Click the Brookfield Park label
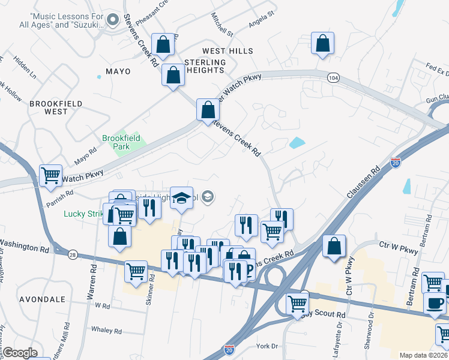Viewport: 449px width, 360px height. [x=121, y=142]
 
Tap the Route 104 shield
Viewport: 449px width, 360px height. [x=334, y=77]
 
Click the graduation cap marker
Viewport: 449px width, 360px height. [x=181, y=198]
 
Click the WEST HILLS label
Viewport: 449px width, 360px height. [x=228, y=51]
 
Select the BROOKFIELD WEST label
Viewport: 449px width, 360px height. [x=48, y=107]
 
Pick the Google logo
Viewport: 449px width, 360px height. [x=19, y=353]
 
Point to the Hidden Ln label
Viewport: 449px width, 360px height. [x=25, y=69]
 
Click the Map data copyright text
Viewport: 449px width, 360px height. [x=423, y=355]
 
